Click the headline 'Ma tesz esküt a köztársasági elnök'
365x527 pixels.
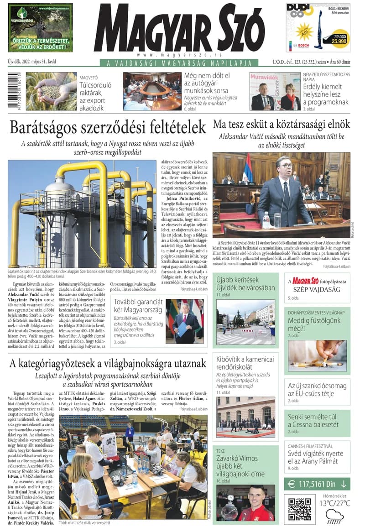(x=282, y=124)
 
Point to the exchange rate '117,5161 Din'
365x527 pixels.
(x=317, y=484)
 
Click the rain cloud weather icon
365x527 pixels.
(x=334, y=516)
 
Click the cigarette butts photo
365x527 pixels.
(x=317, y=355)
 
